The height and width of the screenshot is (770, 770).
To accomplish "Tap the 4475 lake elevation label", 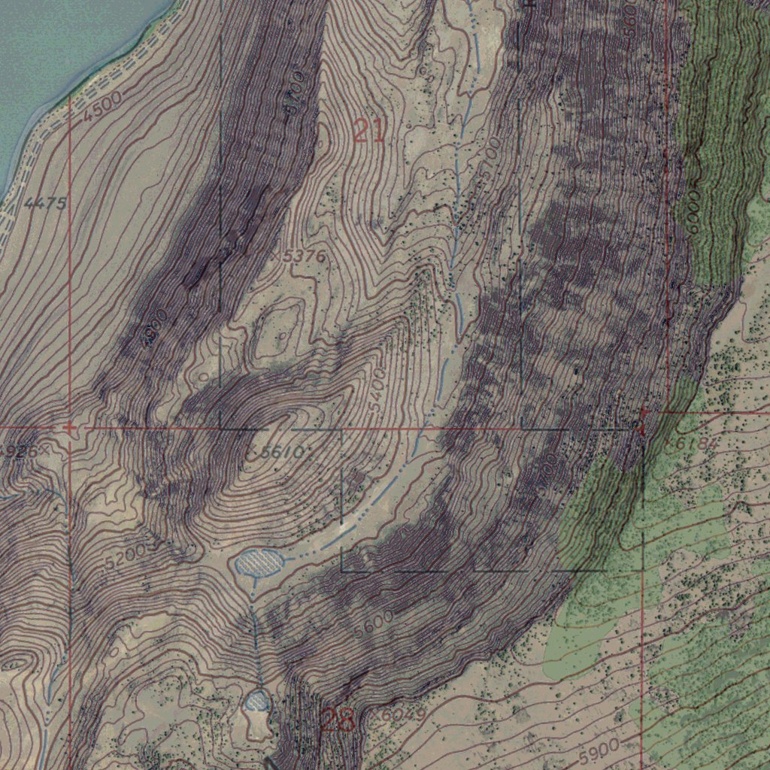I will (45, 203).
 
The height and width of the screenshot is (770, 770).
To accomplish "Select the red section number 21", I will (368, 132).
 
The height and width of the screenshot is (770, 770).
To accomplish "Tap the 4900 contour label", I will (154, 328).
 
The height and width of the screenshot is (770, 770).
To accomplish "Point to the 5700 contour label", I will (547, 473).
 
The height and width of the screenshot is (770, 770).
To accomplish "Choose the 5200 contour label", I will (124, 555).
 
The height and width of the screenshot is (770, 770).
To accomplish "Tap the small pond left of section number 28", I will (257, 702).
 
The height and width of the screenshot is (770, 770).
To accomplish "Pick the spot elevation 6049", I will (405, 714).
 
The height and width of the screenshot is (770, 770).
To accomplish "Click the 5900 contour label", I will (600, 748).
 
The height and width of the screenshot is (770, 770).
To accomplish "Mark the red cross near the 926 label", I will (69, 428).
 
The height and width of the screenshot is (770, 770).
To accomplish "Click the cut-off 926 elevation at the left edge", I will (17, 451).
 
